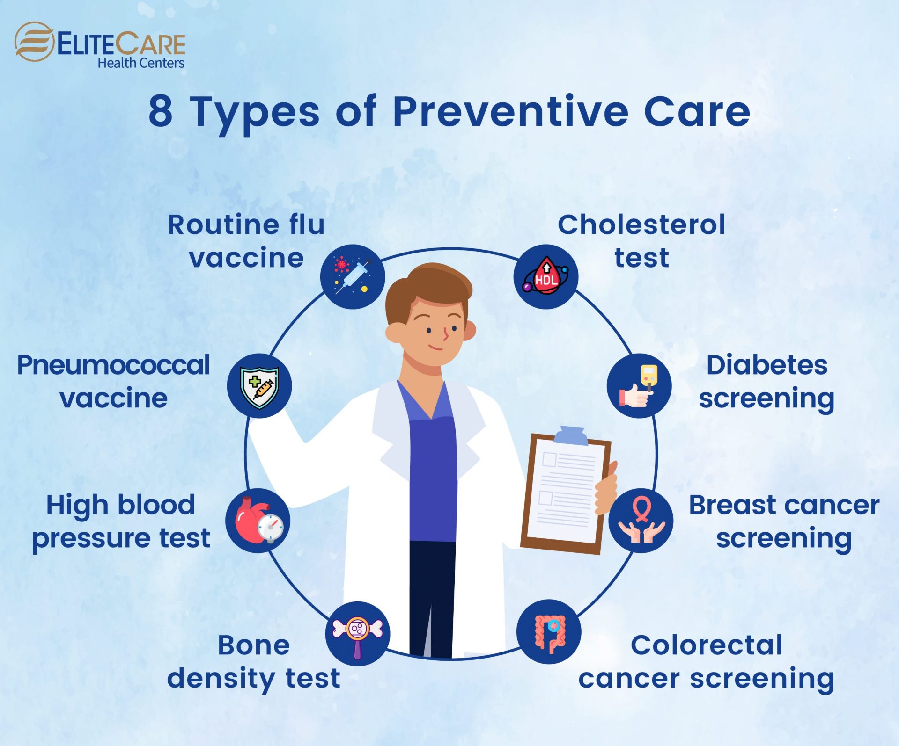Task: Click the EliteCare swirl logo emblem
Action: pos(34,42)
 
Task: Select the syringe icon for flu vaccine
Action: pos(353,276)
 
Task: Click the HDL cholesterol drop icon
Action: pos(546,276)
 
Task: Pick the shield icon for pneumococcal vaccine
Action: pos(259,386)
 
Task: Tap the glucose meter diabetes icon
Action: pos(639,386)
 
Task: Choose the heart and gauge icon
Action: pos(258,521)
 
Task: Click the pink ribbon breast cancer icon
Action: pos(641,521)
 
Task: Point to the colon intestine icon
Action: pos(549,632)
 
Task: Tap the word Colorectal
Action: pos(707,645)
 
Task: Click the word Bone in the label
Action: pos(254,645)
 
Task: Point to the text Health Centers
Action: pos(140,63)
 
